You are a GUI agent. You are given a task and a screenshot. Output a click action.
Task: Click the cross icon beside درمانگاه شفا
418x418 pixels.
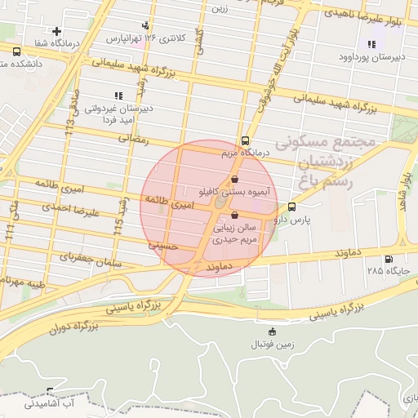tap(56, 31)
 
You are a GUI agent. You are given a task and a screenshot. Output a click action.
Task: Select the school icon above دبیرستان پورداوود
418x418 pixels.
tap(371, 45)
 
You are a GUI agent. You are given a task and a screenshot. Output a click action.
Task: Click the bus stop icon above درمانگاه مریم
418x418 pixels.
tap(246, 140)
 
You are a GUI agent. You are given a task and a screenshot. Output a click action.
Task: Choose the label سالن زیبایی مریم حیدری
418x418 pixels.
tap(236, 235)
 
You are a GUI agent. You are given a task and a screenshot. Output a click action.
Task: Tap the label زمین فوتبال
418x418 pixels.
tap(271, 345)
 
